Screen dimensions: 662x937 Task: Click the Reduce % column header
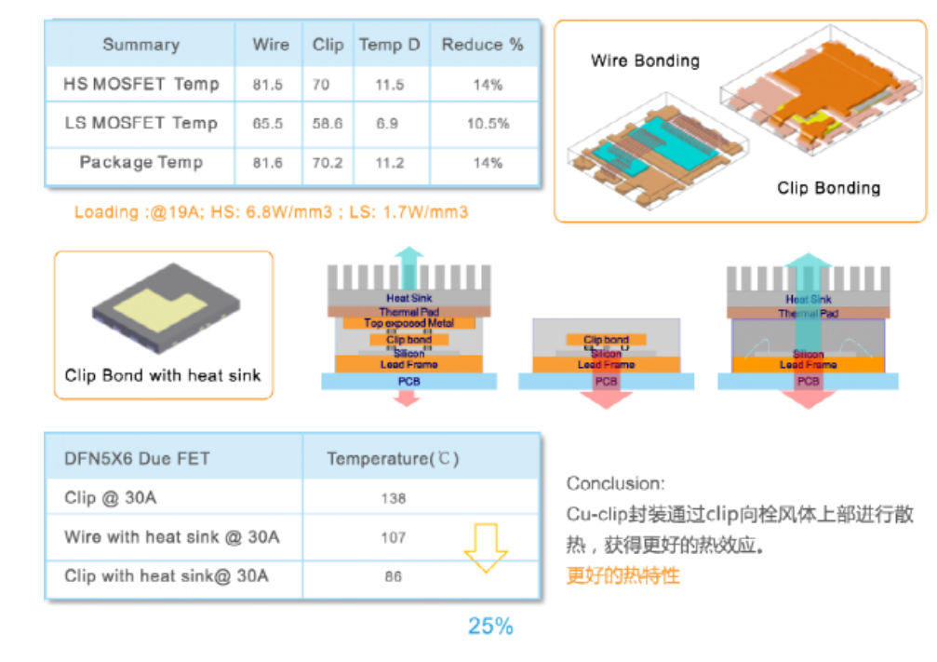coord(482,45)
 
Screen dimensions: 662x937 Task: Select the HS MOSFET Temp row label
coord(141,84)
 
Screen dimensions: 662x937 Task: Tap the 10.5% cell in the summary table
coord(488,124)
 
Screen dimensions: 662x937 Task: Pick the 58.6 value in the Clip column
coord(327,124)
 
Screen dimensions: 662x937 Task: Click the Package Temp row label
coord(141,163)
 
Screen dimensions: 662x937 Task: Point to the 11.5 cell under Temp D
coord(389,85)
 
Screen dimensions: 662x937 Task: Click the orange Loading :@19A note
coord(271,212)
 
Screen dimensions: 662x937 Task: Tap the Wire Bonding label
coord(645,61)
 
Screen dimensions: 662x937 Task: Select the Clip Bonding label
coord(828,188)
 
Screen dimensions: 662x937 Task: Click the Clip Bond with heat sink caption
coord(163,376)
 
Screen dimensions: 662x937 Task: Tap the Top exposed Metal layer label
coord(408,323)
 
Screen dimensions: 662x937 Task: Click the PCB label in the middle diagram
coord(606,382)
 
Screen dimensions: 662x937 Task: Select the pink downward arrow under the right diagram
coord(808,399)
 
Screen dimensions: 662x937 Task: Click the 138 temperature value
coord(393,498)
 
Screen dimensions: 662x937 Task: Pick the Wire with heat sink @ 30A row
coord(172,537)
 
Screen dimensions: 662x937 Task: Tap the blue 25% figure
coord(490,626)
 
